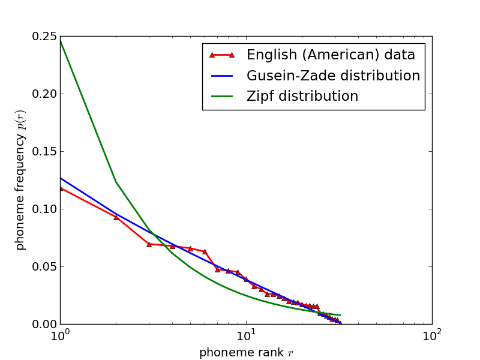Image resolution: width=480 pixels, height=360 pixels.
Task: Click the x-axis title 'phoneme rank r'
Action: click(x=246, y=353)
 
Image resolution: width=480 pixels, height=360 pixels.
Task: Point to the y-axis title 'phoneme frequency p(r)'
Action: click(x=20, y=180)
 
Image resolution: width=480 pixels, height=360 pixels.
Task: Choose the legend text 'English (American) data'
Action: click(x=331, y=55)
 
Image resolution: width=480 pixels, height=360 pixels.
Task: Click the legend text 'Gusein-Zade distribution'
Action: click(x=333, y=76)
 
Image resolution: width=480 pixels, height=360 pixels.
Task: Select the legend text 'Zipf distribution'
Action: click(x=302, y=97)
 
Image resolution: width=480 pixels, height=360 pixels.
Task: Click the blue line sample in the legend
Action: click(x=221, y=76)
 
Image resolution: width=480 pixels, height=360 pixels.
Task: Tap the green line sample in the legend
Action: click(x=221, y=97)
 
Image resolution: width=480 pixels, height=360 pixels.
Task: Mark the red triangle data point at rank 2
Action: click(x=116, y=217)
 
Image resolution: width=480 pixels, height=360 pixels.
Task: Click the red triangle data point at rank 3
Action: click(x=149, y=244)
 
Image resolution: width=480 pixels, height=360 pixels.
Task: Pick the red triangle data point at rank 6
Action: click(x=205, y=251)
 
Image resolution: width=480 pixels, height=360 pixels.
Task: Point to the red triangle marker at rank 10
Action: click(x=245, y=279)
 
